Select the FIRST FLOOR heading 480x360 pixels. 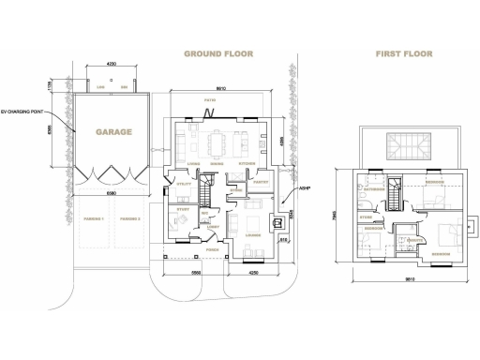tap(404, 54)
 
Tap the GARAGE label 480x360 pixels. tap(112, 132)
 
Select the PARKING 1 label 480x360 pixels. tap(93, 217)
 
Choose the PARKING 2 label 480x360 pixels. tap(130, 217)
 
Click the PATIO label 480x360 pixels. tap(221, 98)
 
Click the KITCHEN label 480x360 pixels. tap(247, 163)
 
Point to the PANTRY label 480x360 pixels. tap(262, 183)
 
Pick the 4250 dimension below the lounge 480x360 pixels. tap(250, 272)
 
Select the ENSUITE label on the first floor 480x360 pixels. tap(410, 240)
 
